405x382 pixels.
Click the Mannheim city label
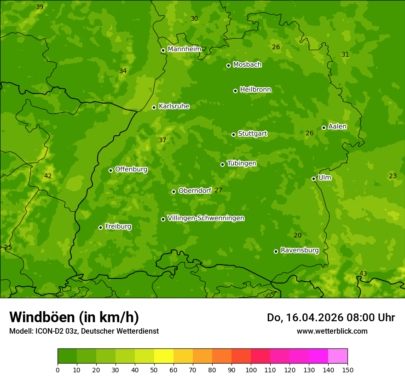tap(184, 49)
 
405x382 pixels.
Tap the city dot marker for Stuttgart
tap(233, 134)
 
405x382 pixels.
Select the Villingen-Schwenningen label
tap(206, 218)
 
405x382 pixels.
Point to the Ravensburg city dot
tap(276, 251)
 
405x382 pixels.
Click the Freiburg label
tap(118, 226)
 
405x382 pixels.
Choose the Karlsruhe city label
tap(174, 106)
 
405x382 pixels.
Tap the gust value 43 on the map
tap(363, 274)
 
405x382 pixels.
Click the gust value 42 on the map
tap(48, 176)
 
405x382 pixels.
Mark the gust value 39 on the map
tap(40, 7)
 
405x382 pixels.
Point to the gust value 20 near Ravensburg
tap(298, 236)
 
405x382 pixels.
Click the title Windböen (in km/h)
tap(74, 317)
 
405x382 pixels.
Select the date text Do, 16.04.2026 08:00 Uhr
tap(330, 318)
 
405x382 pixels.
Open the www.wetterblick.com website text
tap(332, 331)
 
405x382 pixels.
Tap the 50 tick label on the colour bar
tap(154, 370)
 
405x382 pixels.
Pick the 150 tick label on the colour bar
tap(347, 370)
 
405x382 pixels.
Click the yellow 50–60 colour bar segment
tap(164, 356)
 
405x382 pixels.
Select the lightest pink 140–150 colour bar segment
tap(338, 356)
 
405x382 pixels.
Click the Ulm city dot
tap(313, 179)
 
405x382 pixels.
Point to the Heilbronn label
tap(255, 90)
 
